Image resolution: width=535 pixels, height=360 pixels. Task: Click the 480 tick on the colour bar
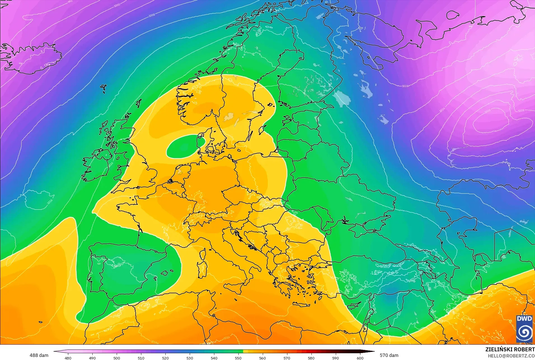(x=68, y=357)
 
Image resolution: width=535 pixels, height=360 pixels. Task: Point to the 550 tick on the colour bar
(x=238, y=357)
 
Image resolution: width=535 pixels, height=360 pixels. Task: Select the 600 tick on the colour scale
(x=360, y=357)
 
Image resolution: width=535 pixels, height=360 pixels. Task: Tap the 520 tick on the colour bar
(x=165, y=357)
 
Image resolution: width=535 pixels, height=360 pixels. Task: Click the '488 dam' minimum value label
(x=39, y=355)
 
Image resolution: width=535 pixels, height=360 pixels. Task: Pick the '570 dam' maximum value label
(x=389, y=355)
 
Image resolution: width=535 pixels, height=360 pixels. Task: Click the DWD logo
(x=524, y=328)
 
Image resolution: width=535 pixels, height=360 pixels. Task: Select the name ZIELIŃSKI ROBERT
(x=510, y=349)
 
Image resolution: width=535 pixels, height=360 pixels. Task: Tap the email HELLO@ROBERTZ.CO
(x=511, y=356)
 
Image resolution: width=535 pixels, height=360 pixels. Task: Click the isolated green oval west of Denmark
(x=183, y=147)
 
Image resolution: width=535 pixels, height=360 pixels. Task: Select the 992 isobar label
(x=70, y=2)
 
